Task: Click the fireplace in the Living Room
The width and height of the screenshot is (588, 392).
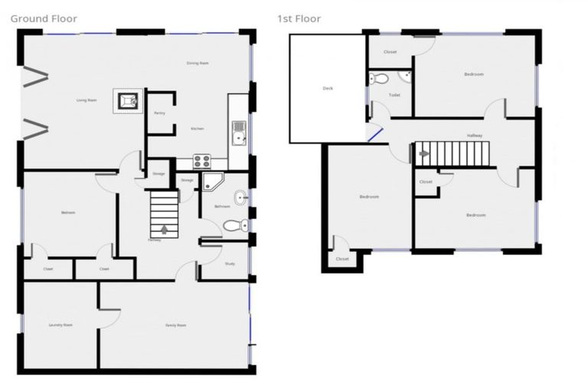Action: [126, 100]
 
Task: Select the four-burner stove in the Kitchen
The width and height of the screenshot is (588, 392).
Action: [201, 161]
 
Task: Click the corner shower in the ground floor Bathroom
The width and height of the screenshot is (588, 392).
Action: [212, 182]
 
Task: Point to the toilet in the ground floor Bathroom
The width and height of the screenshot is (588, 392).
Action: [234, 226]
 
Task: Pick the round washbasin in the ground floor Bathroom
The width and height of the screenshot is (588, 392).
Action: [240, 198]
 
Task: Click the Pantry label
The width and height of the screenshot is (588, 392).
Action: [159, 113]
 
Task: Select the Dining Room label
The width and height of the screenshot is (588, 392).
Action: [198, 63]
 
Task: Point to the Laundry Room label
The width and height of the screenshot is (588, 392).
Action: [60, 325]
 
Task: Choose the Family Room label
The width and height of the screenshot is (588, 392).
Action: [176, 325]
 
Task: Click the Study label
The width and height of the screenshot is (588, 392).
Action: [230, 264]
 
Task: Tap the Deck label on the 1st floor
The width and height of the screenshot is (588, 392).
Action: [328, 88]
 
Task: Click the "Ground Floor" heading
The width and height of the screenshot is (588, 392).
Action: [44, 18]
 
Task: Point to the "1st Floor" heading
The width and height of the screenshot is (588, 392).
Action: [299, 18]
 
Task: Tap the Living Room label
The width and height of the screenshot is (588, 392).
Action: [87, 100]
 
